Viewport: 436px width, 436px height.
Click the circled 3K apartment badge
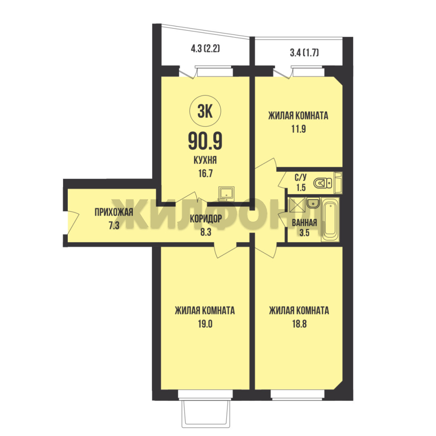(205, 111)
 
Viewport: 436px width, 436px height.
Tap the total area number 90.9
(205, 141)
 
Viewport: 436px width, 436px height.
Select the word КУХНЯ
(205, 160)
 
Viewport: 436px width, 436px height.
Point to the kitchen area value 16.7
(205, 174)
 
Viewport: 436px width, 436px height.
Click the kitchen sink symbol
(226, 193)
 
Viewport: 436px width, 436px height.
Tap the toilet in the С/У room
(323, 183)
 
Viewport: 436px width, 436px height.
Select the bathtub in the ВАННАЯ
(330, 219)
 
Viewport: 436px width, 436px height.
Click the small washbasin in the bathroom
(313, 203)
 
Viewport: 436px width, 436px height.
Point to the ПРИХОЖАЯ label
(114, 212)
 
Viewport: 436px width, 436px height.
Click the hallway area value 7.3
(114, 225)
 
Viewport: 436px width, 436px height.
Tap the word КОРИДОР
(206, 219)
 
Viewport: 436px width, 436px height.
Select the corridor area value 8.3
(206, 232)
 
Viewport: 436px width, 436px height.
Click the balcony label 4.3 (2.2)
(205, 49)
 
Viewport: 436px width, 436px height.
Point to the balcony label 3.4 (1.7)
(304, 52)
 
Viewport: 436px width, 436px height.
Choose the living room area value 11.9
(299, 129)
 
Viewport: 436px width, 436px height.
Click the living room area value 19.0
(205, 324)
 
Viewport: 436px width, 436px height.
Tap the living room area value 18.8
(299, 324)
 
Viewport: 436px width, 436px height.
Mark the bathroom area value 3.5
(304, 233)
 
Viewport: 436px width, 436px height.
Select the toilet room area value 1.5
(301, 188)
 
